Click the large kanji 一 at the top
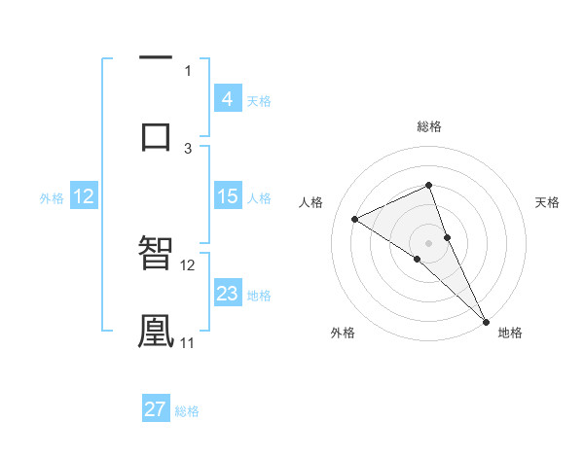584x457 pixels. (156, 57)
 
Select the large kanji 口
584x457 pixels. (156, 134)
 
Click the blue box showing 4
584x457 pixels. (227, 99)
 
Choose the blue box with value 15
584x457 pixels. (227, 196)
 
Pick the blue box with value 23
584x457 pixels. (227, 294)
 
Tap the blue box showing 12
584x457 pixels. (83, 196)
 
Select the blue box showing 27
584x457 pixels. (156, 409)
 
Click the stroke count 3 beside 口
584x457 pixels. (188, 148)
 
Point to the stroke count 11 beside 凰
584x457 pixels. (187, 342)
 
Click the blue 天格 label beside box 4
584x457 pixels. (258, 101)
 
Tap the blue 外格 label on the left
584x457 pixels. (52, 198)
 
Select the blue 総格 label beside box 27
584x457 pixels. (187, 411)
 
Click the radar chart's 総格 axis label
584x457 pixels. (428, 126)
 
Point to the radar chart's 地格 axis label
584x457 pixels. (510, 333)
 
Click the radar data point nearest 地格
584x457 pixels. (486, 321)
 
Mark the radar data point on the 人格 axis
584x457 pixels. (355, 219)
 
